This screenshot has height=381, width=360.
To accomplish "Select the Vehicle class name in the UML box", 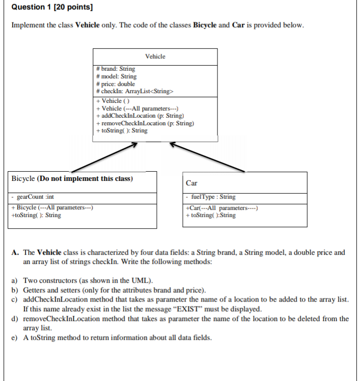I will pyautogui.click(x=155, y=56).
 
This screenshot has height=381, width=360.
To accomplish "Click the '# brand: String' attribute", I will pyautogui.click(x=116, y=68).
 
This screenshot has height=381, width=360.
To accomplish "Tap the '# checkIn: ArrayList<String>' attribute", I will pyautogui.click(x=135, y=91).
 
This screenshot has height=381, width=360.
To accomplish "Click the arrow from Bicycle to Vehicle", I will pyautogui.click(x=104, y=157).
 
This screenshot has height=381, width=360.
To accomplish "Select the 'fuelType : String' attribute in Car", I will pyautogui.click(x=212, y=197).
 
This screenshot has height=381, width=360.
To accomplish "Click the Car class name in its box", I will pyautogui.click(x=192, y=183).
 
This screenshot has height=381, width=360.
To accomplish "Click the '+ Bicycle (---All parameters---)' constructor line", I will pyautogui.click(x=51, y=207).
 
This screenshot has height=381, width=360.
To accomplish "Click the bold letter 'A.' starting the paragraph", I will pyautogui.click(x=15, y=252).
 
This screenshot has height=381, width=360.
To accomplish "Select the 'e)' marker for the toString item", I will pyautogui.click(x=15, y=338).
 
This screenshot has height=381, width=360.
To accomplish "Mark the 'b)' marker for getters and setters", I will pyautogui.click(x=15, y=290).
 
